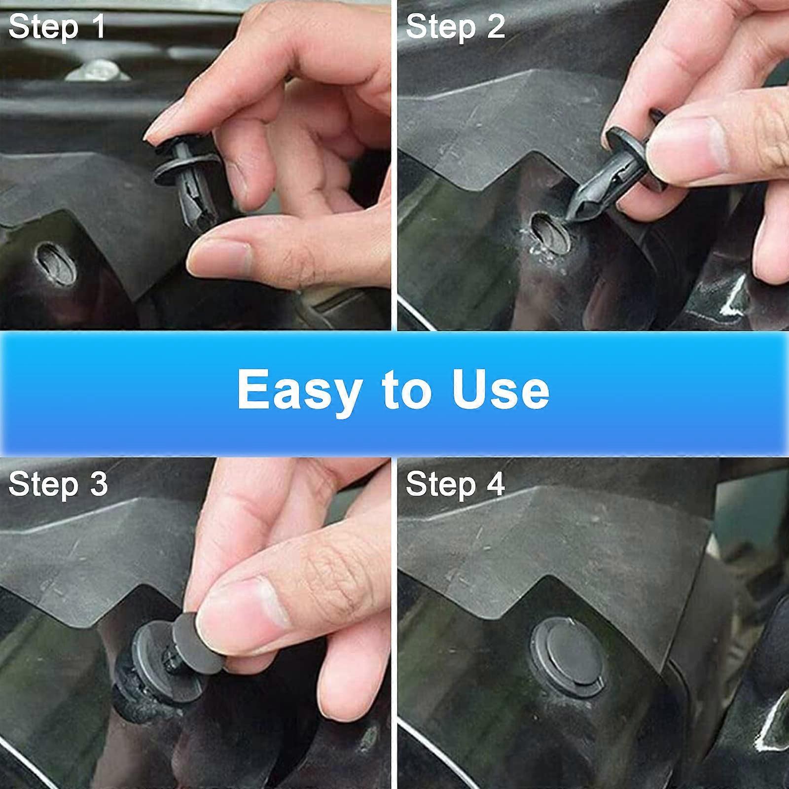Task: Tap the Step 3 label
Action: pyautogui.click(x=58, y=484)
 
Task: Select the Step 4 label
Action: pyautogui.click(x=455, y=484)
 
